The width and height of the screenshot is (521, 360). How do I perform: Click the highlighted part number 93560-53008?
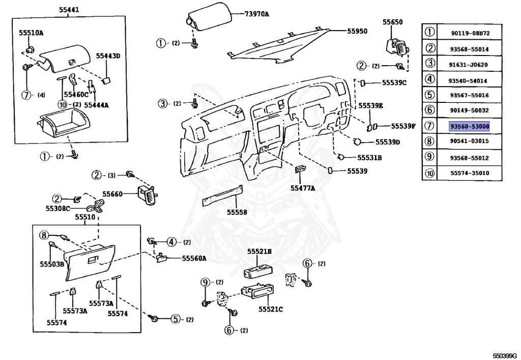[x=469, y=125]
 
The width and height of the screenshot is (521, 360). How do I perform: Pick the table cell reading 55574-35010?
[x=469, y=173]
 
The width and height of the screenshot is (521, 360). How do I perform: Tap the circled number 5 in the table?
[x=430, y=95]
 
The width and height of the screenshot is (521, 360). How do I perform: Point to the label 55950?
[x=357, y=31]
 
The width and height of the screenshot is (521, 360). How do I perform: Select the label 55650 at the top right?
[x=392, y=22]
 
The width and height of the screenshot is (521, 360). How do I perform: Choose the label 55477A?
[x=303, y=188]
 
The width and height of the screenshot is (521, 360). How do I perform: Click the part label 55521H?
[x=259, y=252]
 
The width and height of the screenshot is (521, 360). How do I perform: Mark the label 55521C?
[x=271, y=309]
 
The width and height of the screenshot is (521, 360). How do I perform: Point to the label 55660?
[x=112, y=194]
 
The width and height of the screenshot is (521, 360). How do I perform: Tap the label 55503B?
[x=52, y=264]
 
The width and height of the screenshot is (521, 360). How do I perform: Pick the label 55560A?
[x=194, y=258]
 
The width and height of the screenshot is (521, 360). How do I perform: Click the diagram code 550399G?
[x=504, y=355]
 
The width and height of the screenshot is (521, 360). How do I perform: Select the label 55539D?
[x=388, y=142]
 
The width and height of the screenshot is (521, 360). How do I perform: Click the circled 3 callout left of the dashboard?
[x=162, y=104]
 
